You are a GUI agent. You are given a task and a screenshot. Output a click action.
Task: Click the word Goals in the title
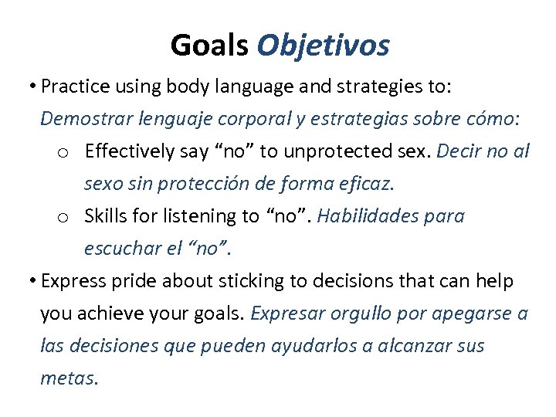click(x=209, y=46)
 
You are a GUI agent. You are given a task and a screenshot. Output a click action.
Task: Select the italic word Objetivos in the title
click(x=323, y=46)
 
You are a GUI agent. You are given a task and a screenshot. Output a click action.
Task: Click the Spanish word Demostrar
click(x=79, y=119)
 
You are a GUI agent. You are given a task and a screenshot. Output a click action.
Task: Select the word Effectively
click(x=131, y=151)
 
